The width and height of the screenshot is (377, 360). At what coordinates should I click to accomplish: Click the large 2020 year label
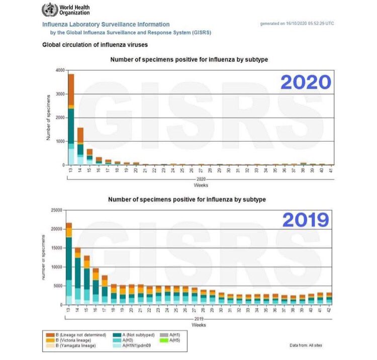(x=306, y=82)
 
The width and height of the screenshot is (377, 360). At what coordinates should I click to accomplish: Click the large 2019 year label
(x=306, y=219)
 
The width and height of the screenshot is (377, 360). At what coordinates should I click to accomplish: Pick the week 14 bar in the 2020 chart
(x=80, y=146)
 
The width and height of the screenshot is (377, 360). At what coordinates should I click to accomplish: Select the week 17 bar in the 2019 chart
(x=105, y=290)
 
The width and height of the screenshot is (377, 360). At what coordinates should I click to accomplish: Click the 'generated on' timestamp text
(x=297, y=24)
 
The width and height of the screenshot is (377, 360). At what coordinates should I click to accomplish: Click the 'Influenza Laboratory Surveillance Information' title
(x=106, y=24)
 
